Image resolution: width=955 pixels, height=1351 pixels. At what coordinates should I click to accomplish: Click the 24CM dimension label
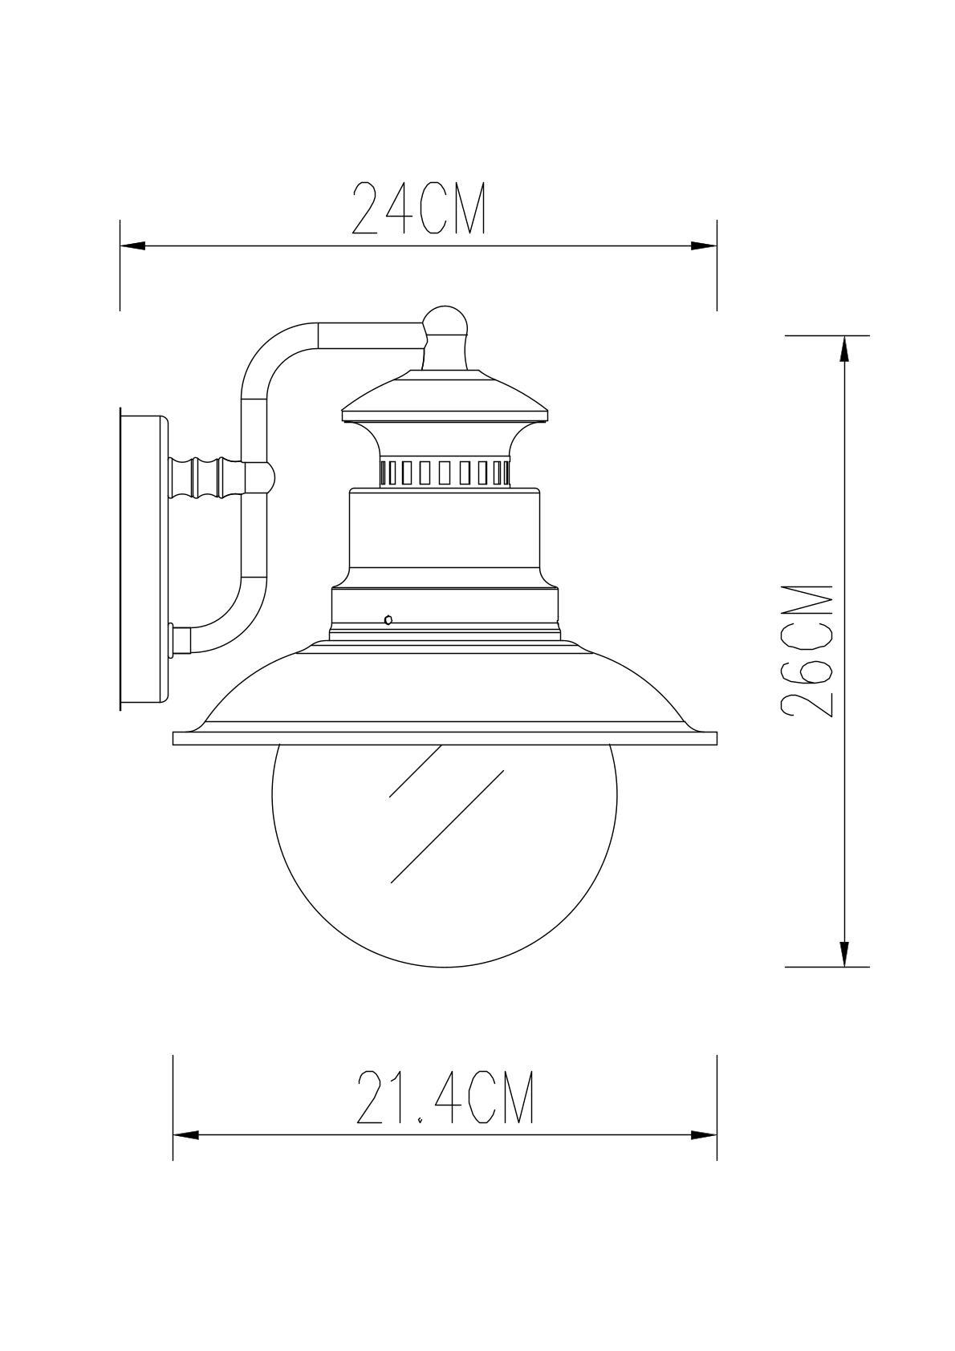click(x=419, y=208)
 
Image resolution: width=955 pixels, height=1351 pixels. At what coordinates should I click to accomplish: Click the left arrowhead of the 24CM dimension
click(x=133, y=246)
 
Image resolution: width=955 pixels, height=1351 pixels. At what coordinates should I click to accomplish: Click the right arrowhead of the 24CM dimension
click(x=704, y=246)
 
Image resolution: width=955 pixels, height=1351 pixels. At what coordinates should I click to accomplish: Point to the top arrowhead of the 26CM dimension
click(x=844, y=349)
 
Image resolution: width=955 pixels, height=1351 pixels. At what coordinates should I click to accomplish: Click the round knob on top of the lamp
click(x=445, y=323)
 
